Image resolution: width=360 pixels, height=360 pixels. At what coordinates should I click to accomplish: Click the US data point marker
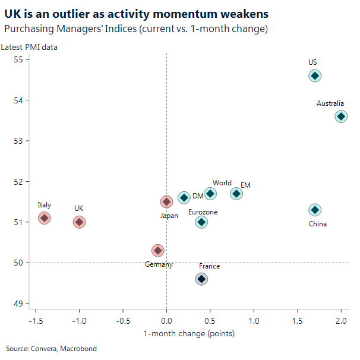[x=315, y=75]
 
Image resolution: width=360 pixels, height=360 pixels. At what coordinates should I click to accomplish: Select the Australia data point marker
[x=341, y=116]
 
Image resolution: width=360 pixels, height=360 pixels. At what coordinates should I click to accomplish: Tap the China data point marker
[x=315, y=210]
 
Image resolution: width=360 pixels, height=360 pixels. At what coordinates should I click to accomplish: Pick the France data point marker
[x=201, y=279]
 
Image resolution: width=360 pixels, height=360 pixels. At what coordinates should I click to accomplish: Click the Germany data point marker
[x=157, y=251]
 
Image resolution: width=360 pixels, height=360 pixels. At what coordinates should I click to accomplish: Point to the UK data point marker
[x=79, y=222]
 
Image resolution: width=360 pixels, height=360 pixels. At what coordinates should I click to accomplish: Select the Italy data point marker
[x=44, y=218]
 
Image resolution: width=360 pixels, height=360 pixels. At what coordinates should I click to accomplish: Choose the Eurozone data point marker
[x=201, y=222]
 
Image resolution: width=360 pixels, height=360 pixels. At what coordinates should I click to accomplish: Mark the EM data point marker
[x=236, y=194]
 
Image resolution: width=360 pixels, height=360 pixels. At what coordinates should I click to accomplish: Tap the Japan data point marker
[x=166, y=202]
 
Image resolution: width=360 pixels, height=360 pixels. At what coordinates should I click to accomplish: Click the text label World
[x=222, y=183]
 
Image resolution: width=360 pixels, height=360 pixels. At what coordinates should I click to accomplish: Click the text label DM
[x=198, y=196]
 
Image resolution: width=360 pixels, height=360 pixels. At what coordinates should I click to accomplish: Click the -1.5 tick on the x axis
[x=34, y=321]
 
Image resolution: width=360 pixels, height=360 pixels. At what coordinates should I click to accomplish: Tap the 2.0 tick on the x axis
[x=341, y=321]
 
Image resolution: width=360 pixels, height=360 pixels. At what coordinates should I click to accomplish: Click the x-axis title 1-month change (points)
[x=189, y=333]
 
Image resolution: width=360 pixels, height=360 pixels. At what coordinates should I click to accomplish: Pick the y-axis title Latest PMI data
[x=29, y=48]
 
